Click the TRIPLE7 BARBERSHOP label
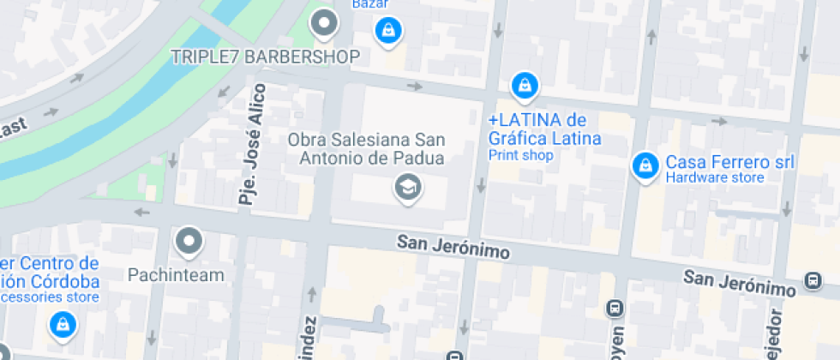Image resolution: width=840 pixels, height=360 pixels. click(264, 57)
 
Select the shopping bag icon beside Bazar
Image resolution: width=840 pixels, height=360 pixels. click(388, 31)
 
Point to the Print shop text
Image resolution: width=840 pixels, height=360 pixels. click(520, 155)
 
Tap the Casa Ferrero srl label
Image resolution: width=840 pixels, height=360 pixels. click(730, 162)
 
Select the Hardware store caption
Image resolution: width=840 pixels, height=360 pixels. click(714, 178)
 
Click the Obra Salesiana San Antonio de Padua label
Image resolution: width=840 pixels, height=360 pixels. click(366, 148)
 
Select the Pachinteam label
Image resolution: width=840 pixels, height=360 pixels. click(175, 275)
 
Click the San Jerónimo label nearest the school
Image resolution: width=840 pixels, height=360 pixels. click(453, 247)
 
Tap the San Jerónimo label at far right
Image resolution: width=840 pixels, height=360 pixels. click(740, 283)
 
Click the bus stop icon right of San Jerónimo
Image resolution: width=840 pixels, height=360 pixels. click(811, 280)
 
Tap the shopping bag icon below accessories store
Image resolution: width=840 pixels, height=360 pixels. click(63, 324)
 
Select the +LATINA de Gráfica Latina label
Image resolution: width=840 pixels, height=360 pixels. click(544, 129)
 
